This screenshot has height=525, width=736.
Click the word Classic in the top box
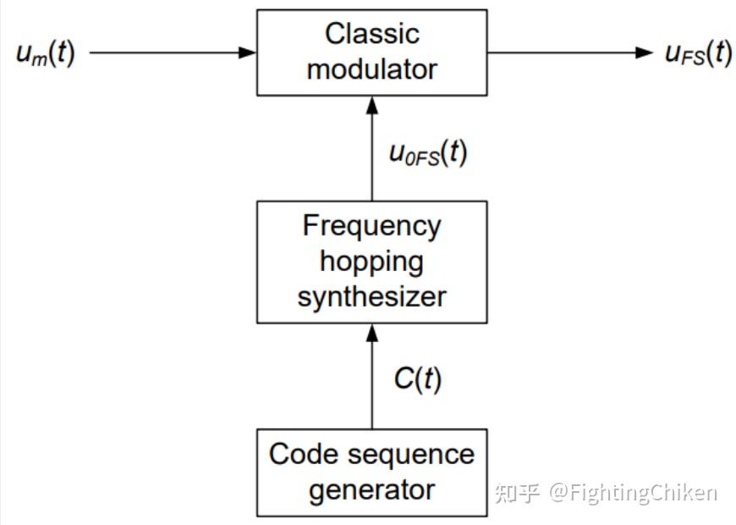pos(372,34)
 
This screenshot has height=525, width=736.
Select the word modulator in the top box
pos(372,69)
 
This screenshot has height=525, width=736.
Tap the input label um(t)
pos(46,53)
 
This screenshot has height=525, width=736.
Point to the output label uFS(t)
pos(698,53)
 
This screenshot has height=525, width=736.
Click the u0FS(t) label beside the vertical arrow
pos(427,153)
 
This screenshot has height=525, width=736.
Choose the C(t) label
pos(417,379)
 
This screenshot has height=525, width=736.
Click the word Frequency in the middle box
pos(372,226)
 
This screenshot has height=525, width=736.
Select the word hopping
pos(372,261)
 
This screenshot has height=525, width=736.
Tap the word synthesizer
pos(372,296)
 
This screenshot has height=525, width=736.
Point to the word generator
pos(372,489)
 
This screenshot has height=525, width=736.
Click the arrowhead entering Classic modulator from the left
pos(248,52)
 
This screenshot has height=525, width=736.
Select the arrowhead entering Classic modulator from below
pos(372,105)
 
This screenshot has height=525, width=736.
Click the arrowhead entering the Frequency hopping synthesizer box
pos(372,333)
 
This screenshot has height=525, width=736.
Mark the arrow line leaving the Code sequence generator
pos(372,390)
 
